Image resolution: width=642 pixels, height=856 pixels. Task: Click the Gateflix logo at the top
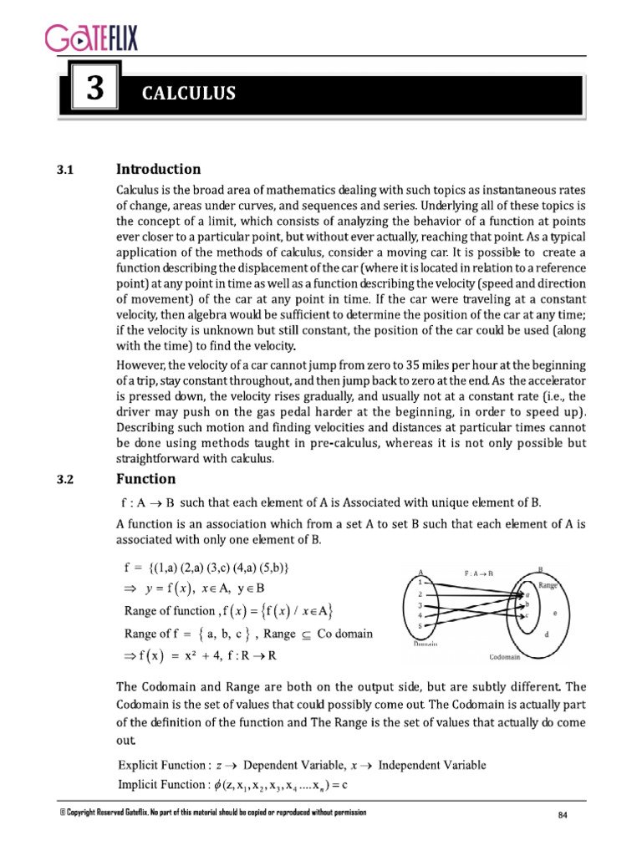[91, 38]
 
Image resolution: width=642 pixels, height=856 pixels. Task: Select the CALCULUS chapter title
[188, 94]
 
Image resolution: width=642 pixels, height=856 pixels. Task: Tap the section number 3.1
[66, 171]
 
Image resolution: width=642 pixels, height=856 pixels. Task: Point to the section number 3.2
[66, 481]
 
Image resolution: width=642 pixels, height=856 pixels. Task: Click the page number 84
[563, 815]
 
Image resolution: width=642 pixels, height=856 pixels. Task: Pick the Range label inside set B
[548, 586]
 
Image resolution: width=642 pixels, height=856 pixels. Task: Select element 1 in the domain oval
[420, 580]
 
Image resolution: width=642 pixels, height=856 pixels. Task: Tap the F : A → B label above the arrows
[479, 574]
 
